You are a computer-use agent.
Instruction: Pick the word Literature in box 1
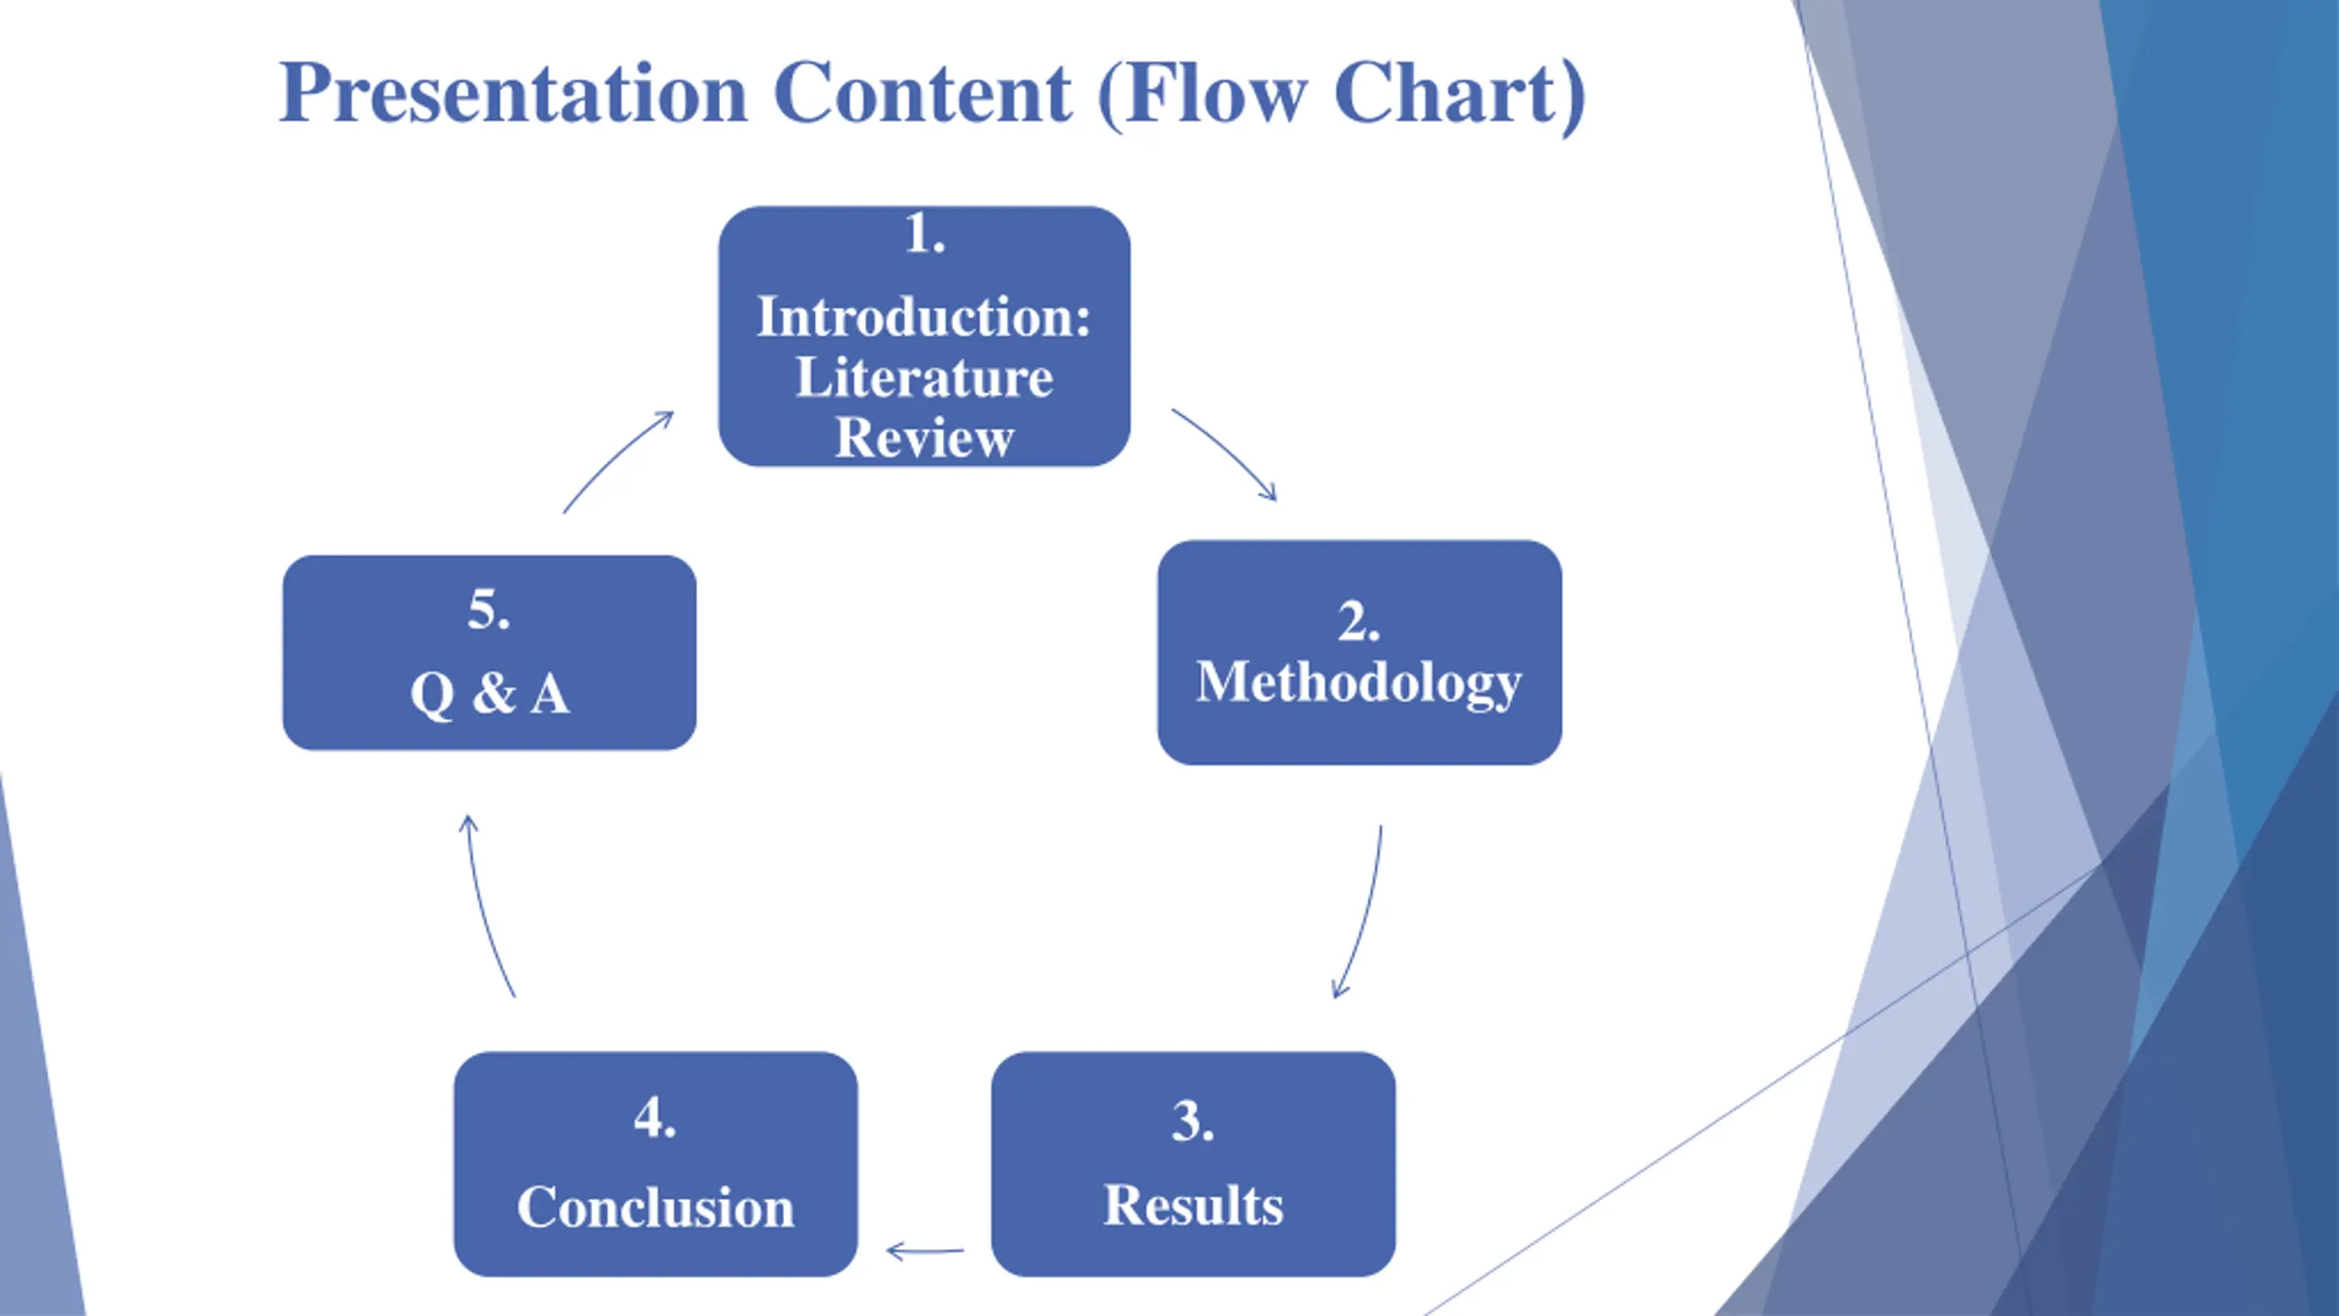tap(924, 377)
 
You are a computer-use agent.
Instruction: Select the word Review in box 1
tap(924, 438)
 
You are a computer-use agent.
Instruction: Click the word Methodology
tap(1359, 682)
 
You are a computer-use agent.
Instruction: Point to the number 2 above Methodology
tap(1353, 622)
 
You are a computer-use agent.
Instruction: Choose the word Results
tap(1193, 1205)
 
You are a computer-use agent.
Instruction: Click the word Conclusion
tap(655, 1207)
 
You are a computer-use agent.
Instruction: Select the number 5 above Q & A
tap(483, 610)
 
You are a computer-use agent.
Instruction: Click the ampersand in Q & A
tap(493, 693)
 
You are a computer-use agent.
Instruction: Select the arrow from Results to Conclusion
tap(925, 1250)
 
